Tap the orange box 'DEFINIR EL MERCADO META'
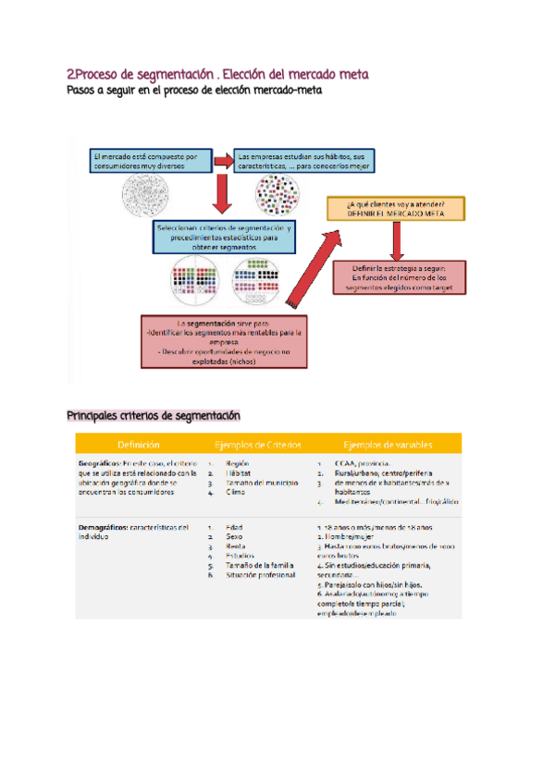point(395,208)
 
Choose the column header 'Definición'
point(138,444)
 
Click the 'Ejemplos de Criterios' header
point(256,444)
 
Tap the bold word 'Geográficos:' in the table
point(101,463)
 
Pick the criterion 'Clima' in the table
point(234,493)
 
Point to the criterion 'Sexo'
point(234,536)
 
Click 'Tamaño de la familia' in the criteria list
point(259,565)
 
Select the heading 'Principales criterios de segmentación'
point(154,416)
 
